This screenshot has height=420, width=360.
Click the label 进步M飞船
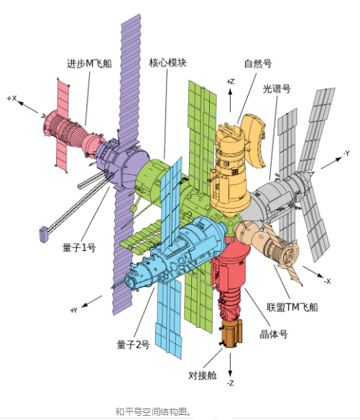click(x=89, y=64)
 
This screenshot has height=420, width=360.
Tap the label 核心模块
click(x=168, y=63)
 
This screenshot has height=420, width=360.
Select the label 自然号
click(x=258, y=63)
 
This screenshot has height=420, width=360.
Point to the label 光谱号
click(x=277, y=88)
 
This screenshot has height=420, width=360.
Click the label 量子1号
click(x=79, y=247)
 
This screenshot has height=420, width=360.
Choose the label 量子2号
click(x=133, y=344)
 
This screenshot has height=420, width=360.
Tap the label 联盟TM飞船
click(x=292, y=307)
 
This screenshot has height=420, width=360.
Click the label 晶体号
click(x=274, y=334)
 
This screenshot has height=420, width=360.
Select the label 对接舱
click(x=203, y=375)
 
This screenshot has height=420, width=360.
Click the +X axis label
click(x=12, y=99)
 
